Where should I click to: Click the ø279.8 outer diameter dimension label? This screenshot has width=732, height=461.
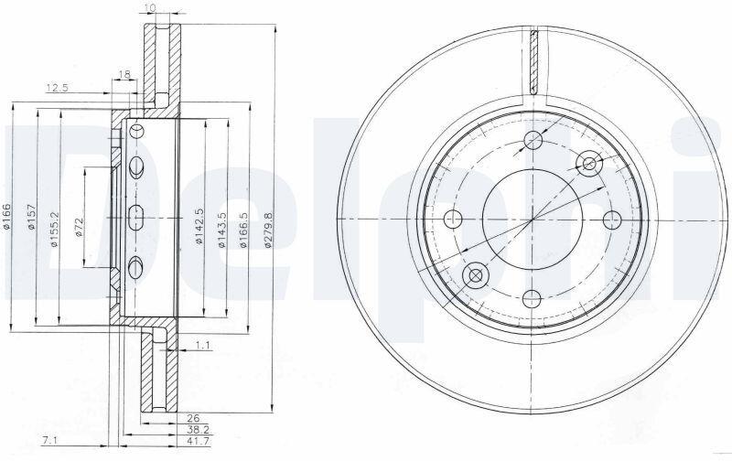coord(267,229)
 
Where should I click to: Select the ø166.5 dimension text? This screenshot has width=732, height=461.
coord(242,230)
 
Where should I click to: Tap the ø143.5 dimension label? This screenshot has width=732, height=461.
coord(221,229)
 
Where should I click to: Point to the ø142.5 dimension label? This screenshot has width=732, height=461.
coord(199,226)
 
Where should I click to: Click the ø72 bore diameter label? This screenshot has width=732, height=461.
coord(79,227)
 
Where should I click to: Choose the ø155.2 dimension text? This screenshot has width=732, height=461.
coord(54,229)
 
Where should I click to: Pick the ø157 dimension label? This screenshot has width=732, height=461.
coord(31,217)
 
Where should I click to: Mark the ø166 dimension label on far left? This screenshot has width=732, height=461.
coord(6,217)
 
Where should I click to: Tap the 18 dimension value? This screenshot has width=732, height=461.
coord(124,74)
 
